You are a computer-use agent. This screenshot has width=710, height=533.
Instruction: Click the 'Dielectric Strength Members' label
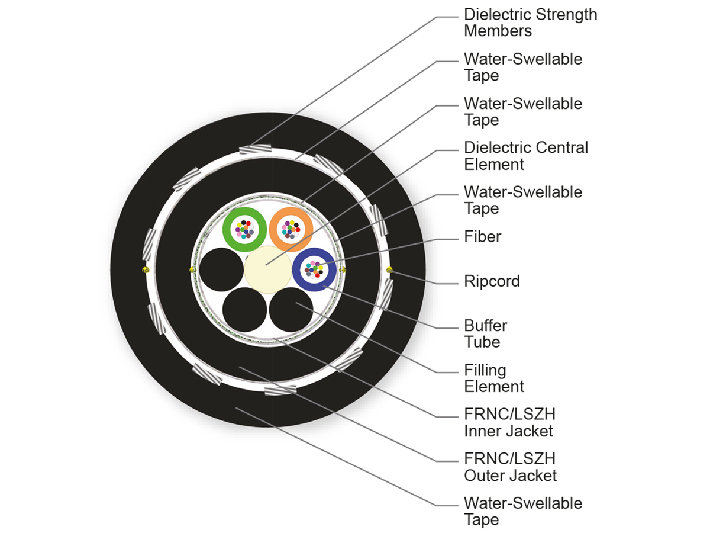[x=530, y=23]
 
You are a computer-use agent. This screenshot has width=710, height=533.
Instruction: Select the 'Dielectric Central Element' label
[x=525, y=155]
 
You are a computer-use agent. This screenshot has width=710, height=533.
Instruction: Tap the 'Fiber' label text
[x=482, y=237]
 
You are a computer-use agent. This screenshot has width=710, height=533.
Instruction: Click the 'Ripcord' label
[x=492, y=281]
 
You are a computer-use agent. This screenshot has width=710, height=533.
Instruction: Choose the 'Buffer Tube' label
[x=486, y=333]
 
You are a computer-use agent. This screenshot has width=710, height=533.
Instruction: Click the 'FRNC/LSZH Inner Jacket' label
[x=509, y=422]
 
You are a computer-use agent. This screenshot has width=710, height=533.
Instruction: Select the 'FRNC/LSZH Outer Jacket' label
[x=510, y=467]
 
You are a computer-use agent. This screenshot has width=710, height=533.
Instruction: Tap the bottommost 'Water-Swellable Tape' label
[x=522, y=511]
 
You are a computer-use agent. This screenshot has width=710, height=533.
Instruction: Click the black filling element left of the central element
[x=220, y=270]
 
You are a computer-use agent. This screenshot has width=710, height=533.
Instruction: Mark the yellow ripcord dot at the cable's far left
[x=144, y=270]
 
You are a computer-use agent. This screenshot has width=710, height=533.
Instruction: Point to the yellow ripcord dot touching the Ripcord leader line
[x=389, y=270]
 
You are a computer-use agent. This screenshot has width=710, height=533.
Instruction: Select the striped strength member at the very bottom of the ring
[x=280, y=390]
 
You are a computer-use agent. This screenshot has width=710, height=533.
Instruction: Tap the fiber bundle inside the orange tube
[x=291, y=228]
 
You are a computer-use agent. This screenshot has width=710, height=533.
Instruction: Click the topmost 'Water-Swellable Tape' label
[x=522, y=67]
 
